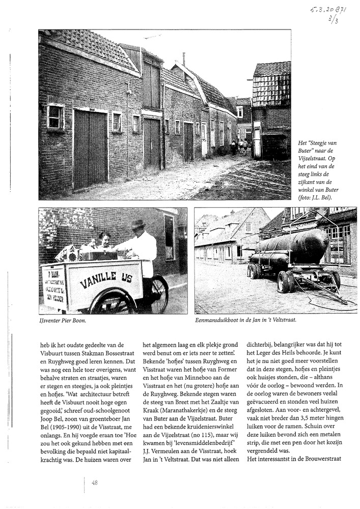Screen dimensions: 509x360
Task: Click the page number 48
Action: click(x=95, y=483)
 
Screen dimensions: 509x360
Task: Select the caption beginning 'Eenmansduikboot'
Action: click(x=245, y=321)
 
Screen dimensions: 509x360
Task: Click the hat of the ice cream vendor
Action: click(x=138, y=224)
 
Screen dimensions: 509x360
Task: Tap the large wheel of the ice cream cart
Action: click(x=112, y=302)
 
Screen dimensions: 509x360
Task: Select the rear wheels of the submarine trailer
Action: click(x=286, y=281)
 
